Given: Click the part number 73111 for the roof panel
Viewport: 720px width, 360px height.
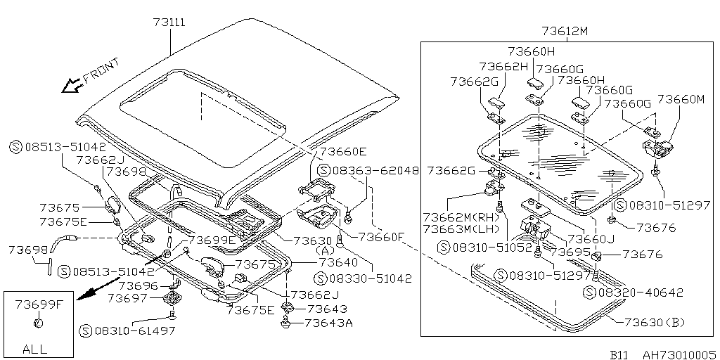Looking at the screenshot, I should (x=169, y=22).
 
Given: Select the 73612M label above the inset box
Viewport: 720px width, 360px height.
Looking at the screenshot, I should (x=565, y=31).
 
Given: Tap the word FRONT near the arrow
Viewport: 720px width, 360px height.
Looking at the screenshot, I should (x=101, y=70).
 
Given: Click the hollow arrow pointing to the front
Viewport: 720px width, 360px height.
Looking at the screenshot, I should (x=70, y=86).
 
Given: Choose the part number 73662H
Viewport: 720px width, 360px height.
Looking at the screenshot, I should (x=503, y=66).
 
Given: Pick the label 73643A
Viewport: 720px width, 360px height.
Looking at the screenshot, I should (x=329, y=323).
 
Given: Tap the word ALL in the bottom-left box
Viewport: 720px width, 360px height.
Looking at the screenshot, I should (x=34, y=348).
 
